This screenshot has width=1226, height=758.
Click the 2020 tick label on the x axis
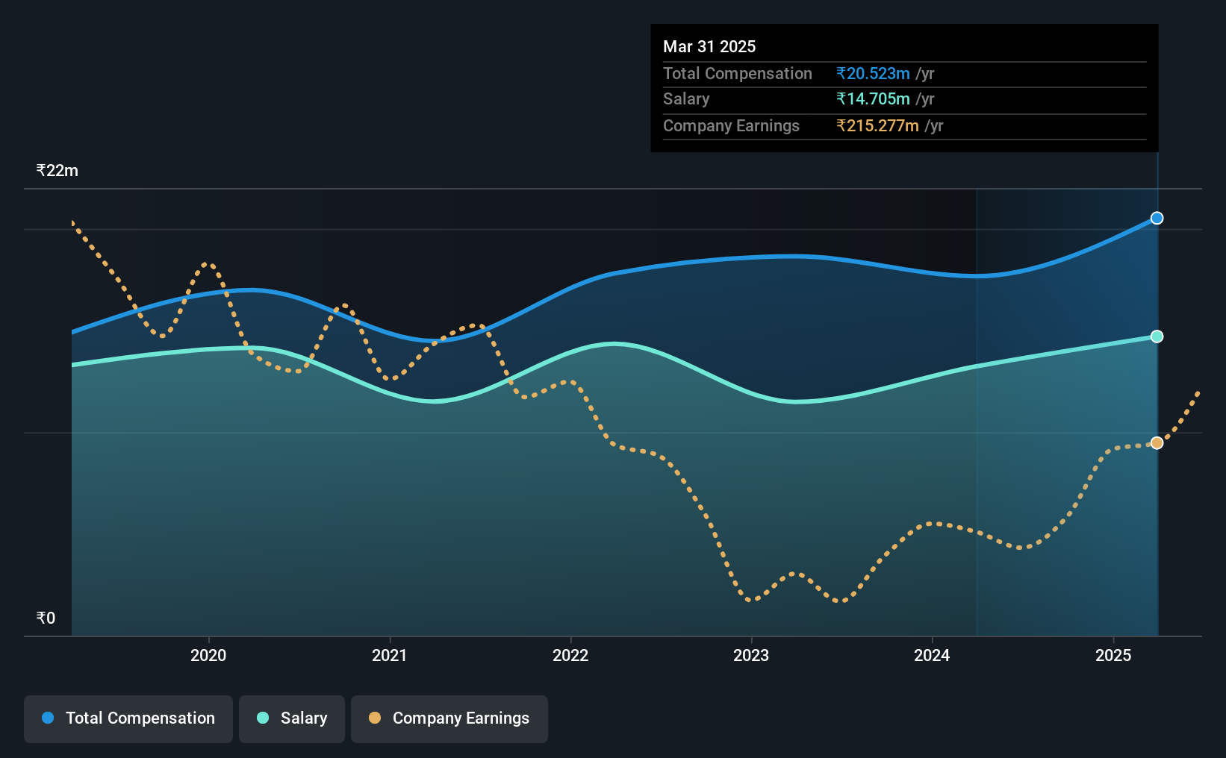point(208,655)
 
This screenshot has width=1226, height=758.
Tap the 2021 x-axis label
point(389,655)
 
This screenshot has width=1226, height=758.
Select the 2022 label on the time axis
point(570,655)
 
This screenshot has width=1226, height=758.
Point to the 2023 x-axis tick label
point(751,655)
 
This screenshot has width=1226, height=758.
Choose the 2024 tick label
point(932,655)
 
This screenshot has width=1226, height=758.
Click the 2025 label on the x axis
point(1113,655)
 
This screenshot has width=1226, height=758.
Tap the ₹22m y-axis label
point(57,171)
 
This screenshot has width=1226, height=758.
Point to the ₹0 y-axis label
point(46,618)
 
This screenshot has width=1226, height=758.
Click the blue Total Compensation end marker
point(1157,218)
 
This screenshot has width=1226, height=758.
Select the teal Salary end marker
point(1157,336)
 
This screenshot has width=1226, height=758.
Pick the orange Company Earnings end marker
point(1157,443)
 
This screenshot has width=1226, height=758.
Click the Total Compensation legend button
point(128,718)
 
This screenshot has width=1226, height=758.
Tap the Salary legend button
point(292,718)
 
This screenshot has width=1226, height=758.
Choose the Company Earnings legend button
point(449,718)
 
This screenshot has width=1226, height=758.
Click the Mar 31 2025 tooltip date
point(709,46)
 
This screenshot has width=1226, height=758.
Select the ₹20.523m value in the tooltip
point(873,73)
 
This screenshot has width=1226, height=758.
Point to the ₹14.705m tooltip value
point(873,99)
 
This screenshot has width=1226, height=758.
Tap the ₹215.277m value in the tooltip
point(877,126)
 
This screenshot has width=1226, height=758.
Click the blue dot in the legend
point(49,718)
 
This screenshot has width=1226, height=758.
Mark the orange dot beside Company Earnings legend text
point(375,718)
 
